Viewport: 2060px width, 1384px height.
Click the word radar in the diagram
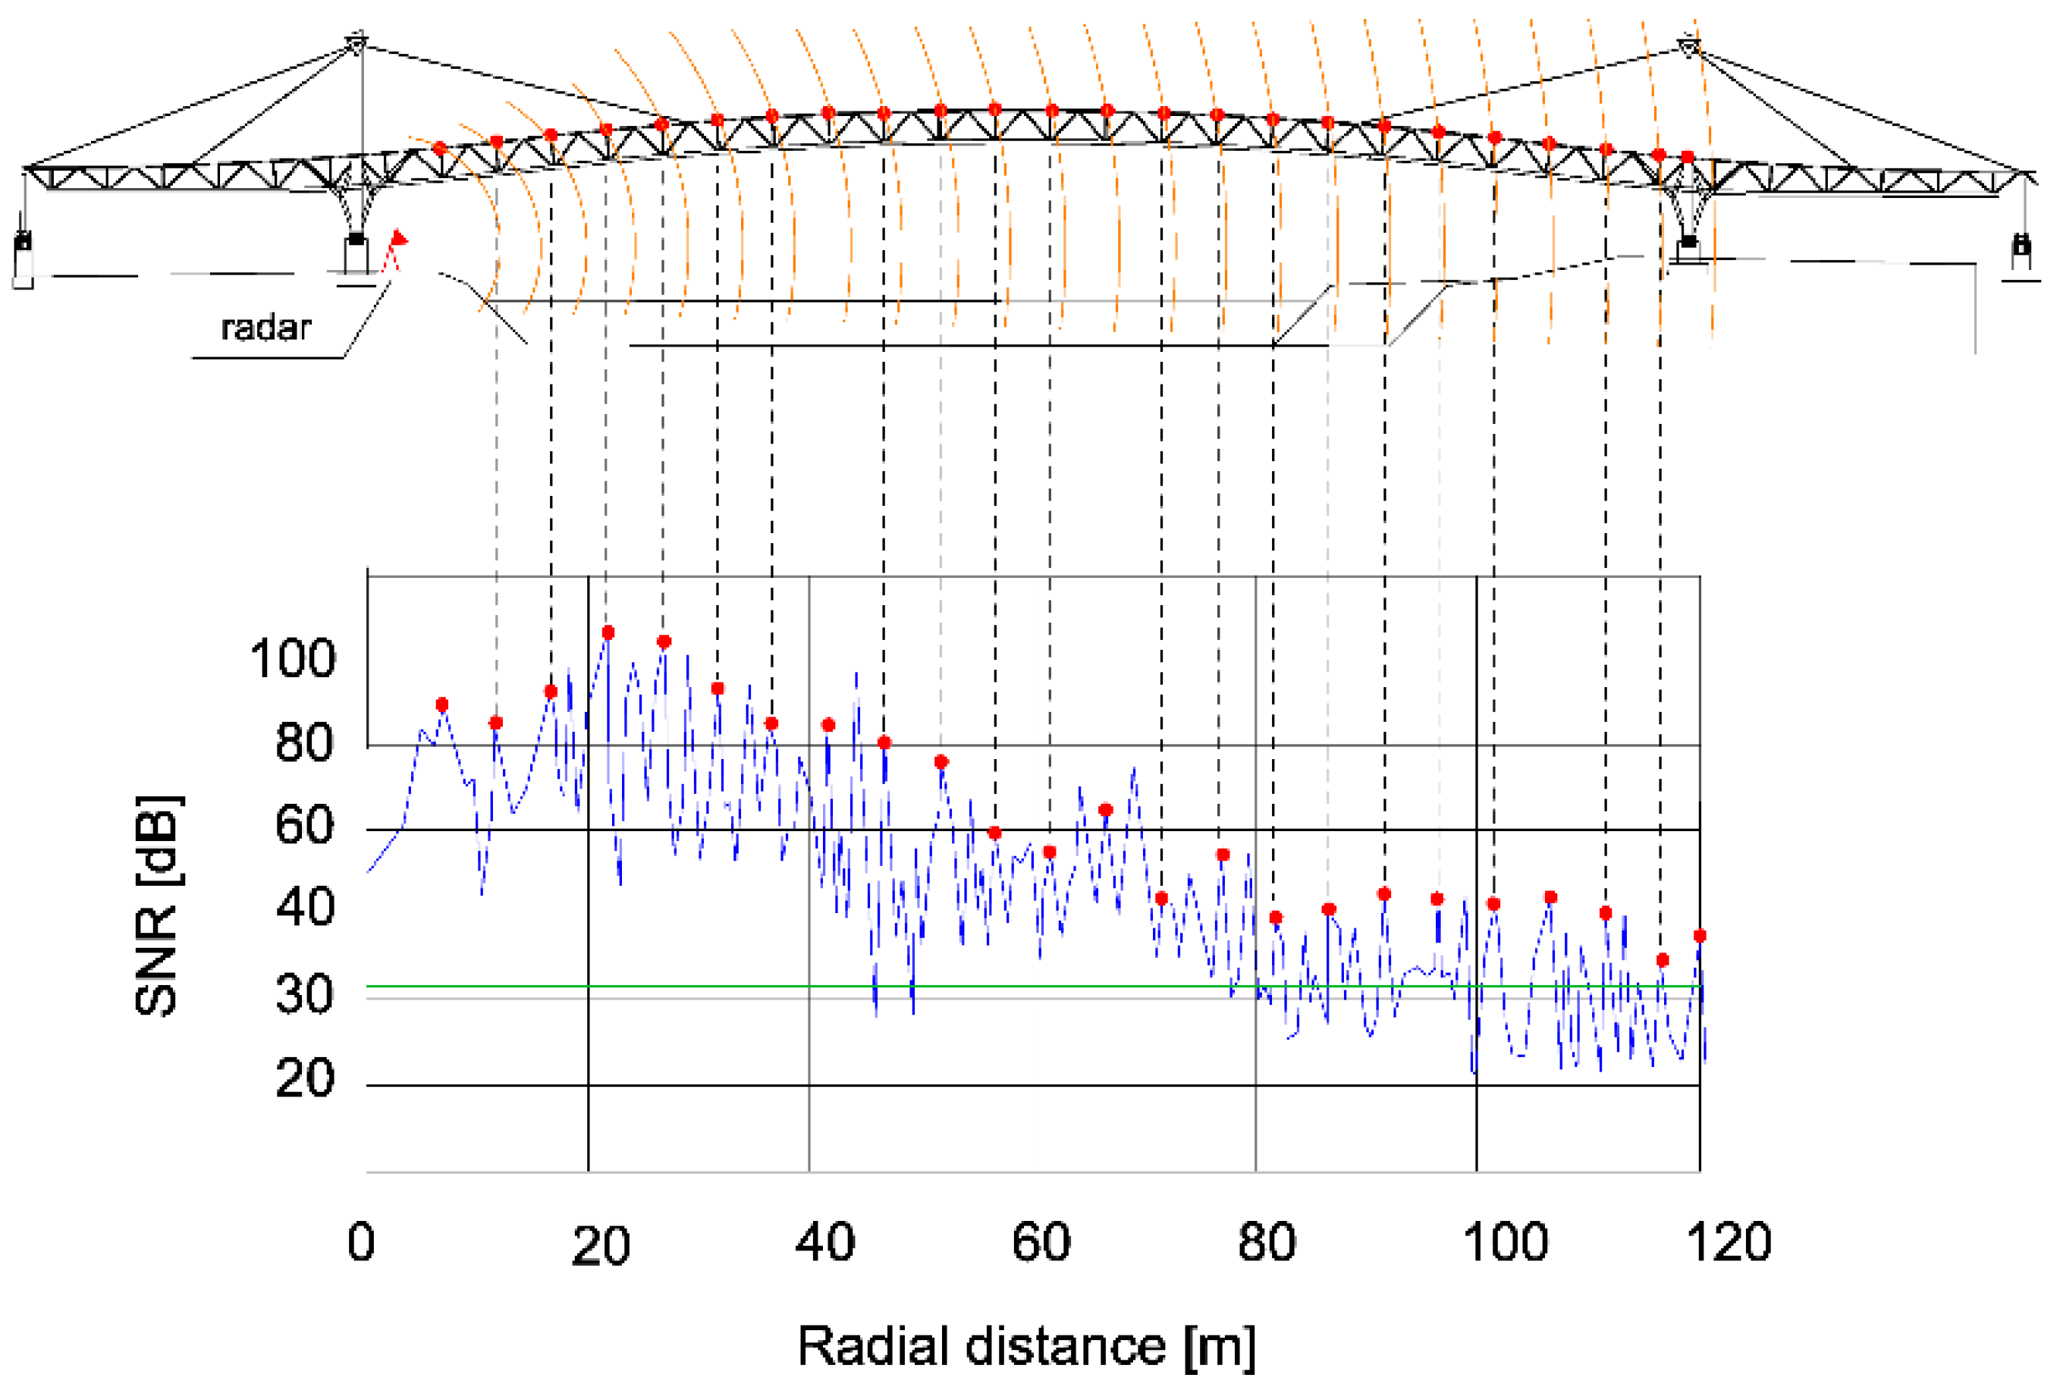coord(265,328)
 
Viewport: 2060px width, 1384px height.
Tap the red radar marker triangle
coord(399,237)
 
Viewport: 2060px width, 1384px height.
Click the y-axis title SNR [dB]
coord(158,905)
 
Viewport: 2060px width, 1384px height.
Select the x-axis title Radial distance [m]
coord(1025,1346)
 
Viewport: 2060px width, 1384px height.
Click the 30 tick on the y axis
coord(304,995)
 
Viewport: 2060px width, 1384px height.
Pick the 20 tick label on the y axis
coord(304,1078)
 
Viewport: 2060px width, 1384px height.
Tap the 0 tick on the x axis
coord(361,1242)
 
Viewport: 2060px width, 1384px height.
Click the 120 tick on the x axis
coord(1728,1242)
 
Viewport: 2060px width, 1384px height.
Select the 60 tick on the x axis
coord(1041,1242)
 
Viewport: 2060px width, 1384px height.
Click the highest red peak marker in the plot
coord(608,633)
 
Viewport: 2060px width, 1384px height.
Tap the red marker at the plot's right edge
coord(1700,936)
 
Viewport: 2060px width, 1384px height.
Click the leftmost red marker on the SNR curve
coord(442,705)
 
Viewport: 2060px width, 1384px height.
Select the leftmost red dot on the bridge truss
coord(440,149)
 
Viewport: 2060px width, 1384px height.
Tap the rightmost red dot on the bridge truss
coord(1688,157)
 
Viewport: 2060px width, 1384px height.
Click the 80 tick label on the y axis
coord(304,742)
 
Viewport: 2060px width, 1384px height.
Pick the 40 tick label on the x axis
coord(824,1242)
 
